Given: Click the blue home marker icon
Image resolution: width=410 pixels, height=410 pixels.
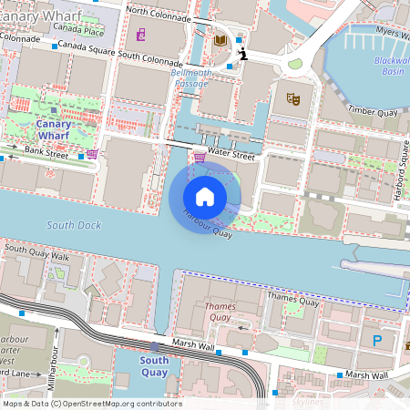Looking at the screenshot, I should [205, 196].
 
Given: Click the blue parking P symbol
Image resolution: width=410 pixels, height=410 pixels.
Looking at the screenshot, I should [377, 341].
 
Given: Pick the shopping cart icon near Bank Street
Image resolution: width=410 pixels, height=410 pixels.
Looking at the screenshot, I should [92, 154].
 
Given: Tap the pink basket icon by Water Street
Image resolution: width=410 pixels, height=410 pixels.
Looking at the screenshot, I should [200, 158].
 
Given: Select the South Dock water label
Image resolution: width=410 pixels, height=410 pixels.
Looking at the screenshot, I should [74, 224].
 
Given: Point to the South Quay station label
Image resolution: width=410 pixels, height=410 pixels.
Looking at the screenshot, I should [154, 366].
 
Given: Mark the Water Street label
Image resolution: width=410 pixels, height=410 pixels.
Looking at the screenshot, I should [231, 154].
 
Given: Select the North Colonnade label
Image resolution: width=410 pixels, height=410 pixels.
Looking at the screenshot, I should [160, 11].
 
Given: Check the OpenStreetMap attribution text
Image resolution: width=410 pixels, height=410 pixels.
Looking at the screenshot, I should [91, 404].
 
